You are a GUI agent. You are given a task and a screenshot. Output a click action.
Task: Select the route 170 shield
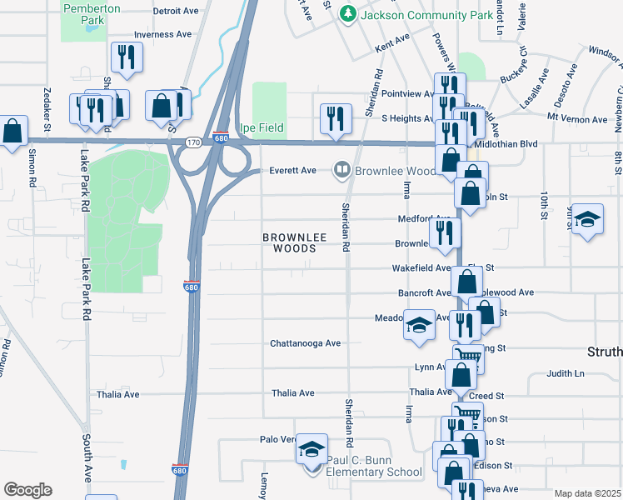(x=192, y=142)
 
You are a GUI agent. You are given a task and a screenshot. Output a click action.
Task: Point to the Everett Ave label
(x=292, y=171)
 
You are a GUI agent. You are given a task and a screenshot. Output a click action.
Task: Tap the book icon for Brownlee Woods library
(x=341, y=171)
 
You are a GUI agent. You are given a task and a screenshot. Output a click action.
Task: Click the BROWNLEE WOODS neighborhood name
(x=289, y=242)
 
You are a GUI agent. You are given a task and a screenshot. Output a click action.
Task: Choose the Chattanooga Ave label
(x=305, y=343)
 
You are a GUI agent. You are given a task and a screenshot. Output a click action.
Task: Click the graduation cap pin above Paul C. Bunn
(x=311, y=449)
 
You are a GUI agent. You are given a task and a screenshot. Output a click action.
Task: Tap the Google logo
(x=27, y=489)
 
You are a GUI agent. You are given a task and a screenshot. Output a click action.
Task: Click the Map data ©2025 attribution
(x=586, y=493)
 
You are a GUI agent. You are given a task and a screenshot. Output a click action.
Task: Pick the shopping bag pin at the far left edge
(x=12, y=131)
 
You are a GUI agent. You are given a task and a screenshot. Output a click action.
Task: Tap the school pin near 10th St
(x=587, y=220)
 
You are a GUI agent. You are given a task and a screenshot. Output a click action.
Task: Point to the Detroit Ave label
(x=176, y=12)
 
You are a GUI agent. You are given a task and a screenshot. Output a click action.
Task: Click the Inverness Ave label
(x=163, y=34)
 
